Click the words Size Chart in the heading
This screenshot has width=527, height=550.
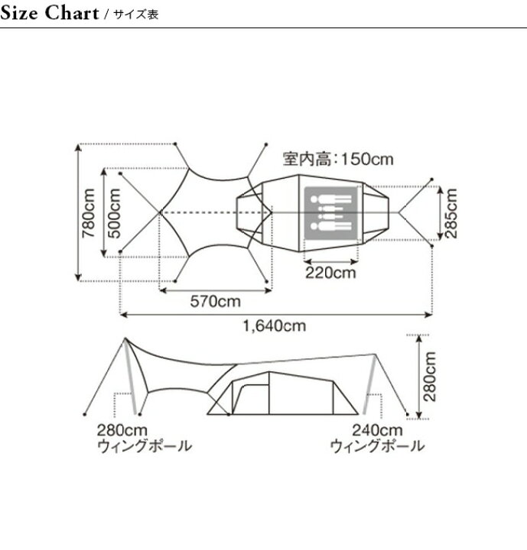[50, 13]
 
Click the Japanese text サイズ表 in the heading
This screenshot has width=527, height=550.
[135, 14]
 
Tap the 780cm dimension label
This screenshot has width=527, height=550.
[88, 213]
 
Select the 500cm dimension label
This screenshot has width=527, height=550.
[114, 213]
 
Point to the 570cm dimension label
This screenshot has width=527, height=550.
[216, 301]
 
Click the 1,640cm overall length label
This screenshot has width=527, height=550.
[275, 326]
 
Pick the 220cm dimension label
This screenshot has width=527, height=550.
[330, 273]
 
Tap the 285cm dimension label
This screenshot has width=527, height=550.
[451, 213]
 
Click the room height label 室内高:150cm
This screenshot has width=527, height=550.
[338, 159]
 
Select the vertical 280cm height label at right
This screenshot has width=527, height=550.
[429, 377]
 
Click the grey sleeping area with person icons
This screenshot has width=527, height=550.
[330, 212]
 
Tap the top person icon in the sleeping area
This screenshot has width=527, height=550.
[331, 199]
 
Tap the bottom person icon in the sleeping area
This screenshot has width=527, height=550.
[331, 226]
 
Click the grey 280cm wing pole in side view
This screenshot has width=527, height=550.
[130, 377]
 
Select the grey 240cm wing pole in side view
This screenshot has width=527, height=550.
[369, 384]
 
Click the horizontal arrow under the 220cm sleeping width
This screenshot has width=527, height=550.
[330, 262]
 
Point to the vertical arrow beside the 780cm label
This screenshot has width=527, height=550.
[79, 212]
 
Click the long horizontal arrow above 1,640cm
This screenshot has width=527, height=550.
[276, 315]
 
